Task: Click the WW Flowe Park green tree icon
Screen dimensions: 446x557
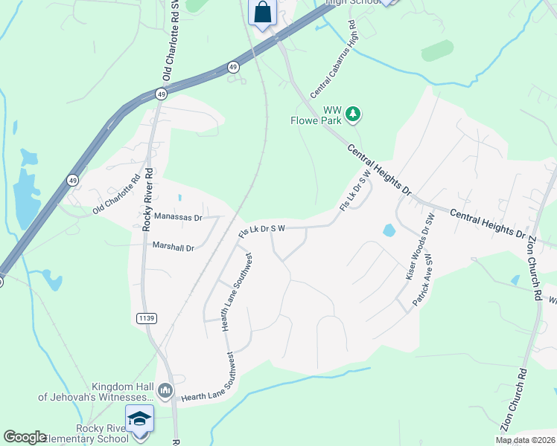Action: (x=354, y=114)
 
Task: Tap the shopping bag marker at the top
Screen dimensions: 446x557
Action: (x=263, y=13)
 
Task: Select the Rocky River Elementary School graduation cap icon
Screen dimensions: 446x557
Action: (x=139, y=419)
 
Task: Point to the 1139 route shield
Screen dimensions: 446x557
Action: (x=146, y=318)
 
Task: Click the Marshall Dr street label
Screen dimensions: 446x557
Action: (x=173, y=246)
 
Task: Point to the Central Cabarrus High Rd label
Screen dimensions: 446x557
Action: (x=334, y=59)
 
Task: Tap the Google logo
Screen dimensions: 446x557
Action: (x=24, y=437)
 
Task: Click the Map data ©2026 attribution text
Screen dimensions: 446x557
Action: (x=524, y=440)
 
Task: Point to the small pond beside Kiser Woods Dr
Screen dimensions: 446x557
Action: (x=389, y=230)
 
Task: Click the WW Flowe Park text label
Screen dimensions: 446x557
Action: (x=321, y=114)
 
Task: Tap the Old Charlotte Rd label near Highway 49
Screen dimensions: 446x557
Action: (x=117, y=195)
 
